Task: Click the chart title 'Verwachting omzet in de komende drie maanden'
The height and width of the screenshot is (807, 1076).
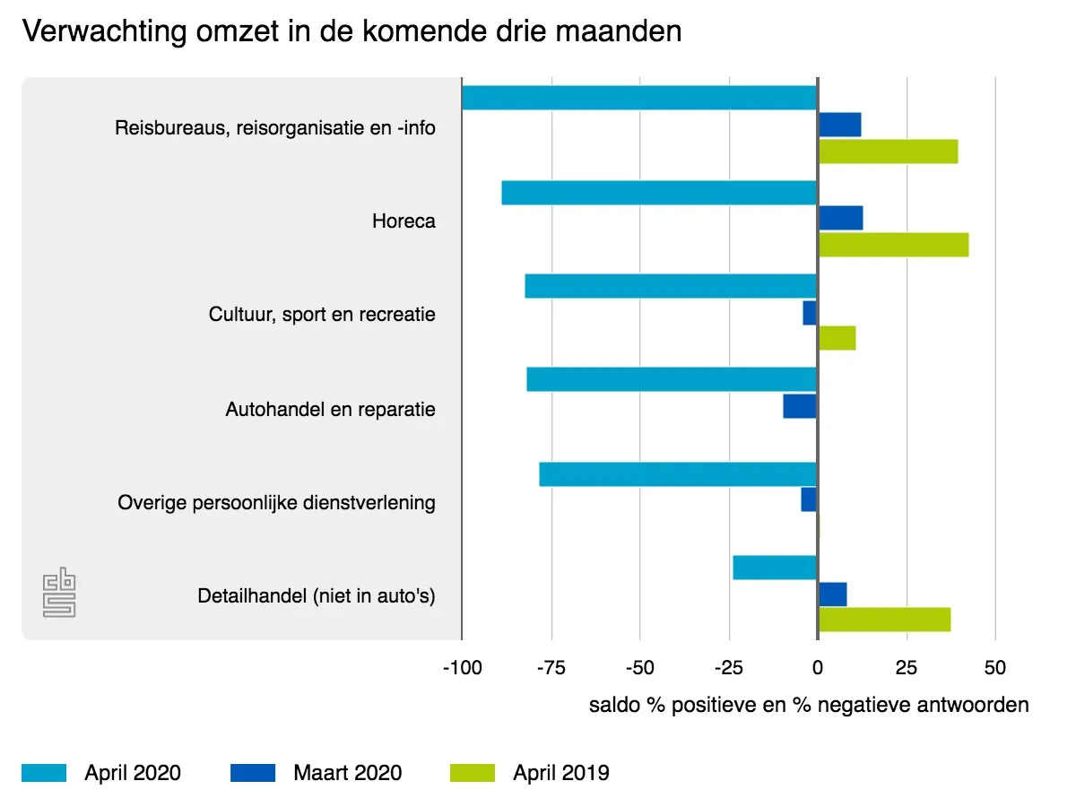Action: pyautogui.click(x=351, y=32)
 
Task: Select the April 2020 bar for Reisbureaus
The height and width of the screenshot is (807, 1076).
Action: pyautogui.click(x=638, y=98)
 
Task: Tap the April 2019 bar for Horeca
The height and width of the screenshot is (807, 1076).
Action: pyautogui.click(x=893, y=245)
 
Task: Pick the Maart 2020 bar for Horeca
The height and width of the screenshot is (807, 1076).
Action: pyautogui.click(x=840, y=218)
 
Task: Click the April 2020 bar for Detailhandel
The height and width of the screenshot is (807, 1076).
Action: pyautogui.click(x=775, y=568)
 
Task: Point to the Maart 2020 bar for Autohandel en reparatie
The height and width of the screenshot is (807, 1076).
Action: pyautogui.click(x=800, y=406)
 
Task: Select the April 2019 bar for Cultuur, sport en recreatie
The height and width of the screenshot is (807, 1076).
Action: pyautogui.click(x=837, y=338)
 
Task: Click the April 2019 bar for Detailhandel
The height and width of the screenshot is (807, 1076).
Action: pyautogui.click(x=884, y=620)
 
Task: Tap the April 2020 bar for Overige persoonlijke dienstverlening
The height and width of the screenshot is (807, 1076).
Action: pyautogui.click(x=678, y=474)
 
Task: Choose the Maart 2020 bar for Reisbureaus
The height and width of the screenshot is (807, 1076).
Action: pyautogui.click(x=839, y=125)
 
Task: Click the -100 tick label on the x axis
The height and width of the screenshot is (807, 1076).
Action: pyautogui.click(x=461, y=668)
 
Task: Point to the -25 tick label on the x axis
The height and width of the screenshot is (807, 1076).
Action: pyautogui.click(x=728, y=668)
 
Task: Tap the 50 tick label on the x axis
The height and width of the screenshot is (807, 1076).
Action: pyautogui.click(x=995, y=668)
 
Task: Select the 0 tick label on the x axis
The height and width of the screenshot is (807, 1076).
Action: pyautogui.click(x=817, y=668)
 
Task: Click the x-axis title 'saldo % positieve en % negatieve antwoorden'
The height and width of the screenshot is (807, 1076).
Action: pyautogui.click(x=809, y=705)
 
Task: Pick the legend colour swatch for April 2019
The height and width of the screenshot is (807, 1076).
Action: pyautogui.click(x=472, y=773)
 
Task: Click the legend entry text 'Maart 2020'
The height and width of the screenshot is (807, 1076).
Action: pyautogui.click(x=347, y=773)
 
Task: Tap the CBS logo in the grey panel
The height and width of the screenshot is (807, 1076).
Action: pyautogui.click(x=60, y=592)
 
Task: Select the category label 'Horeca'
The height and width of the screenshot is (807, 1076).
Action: pyautogui.click(x=403, y=221)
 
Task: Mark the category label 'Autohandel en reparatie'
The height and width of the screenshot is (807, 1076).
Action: pyautogui.click(x=330, y=410)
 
